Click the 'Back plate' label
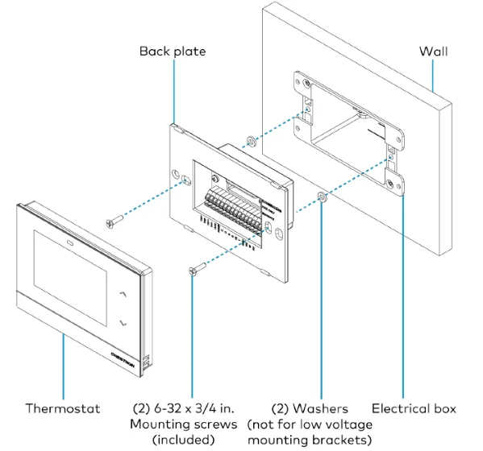point(173,51)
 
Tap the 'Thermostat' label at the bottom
point(62,409)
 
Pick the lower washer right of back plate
point(322,197)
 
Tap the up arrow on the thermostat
point(122,295)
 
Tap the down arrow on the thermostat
point(123,323)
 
